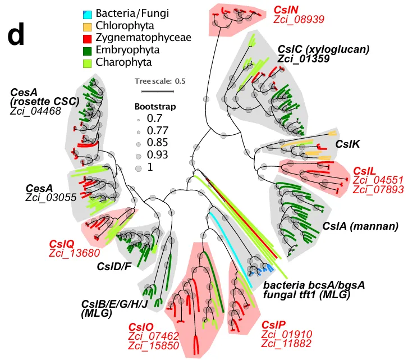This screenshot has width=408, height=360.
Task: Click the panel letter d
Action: [16, 34]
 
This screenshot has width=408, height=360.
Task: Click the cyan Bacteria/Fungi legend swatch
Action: [87, 15]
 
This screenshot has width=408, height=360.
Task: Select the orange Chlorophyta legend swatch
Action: [87, 27]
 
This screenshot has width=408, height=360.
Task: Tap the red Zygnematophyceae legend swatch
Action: [87, 39]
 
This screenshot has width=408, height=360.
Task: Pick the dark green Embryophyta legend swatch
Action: [87, 51]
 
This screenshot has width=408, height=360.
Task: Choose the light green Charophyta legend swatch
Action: [87, 63]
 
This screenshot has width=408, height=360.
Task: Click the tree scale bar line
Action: [158, 92]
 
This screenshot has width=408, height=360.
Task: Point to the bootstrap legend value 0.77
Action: [158, 130]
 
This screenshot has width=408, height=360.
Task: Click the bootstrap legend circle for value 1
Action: [138, 168]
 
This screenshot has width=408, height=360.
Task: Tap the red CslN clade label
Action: [286, 10]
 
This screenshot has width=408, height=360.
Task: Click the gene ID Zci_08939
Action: [299, 20]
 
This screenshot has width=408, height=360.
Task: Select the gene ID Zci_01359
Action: [304, 59]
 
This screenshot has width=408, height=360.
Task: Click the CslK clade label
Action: [347, 144]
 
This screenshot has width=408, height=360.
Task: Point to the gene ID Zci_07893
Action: [378, 189]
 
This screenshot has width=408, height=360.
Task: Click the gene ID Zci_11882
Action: [286, 344]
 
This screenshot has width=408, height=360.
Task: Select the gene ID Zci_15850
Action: [154, 346]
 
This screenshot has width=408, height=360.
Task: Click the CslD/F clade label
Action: [114, 266]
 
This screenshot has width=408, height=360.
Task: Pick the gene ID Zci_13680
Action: [75, 253]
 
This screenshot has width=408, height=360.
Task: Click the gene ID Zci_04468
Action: [35, 111]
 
